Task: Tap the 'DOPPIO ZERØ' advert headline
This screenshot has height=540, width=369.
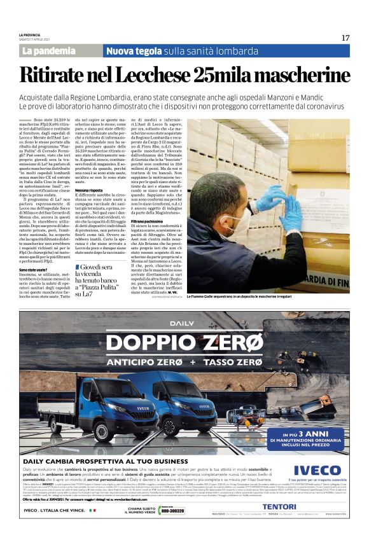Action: tap(184, 343)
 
